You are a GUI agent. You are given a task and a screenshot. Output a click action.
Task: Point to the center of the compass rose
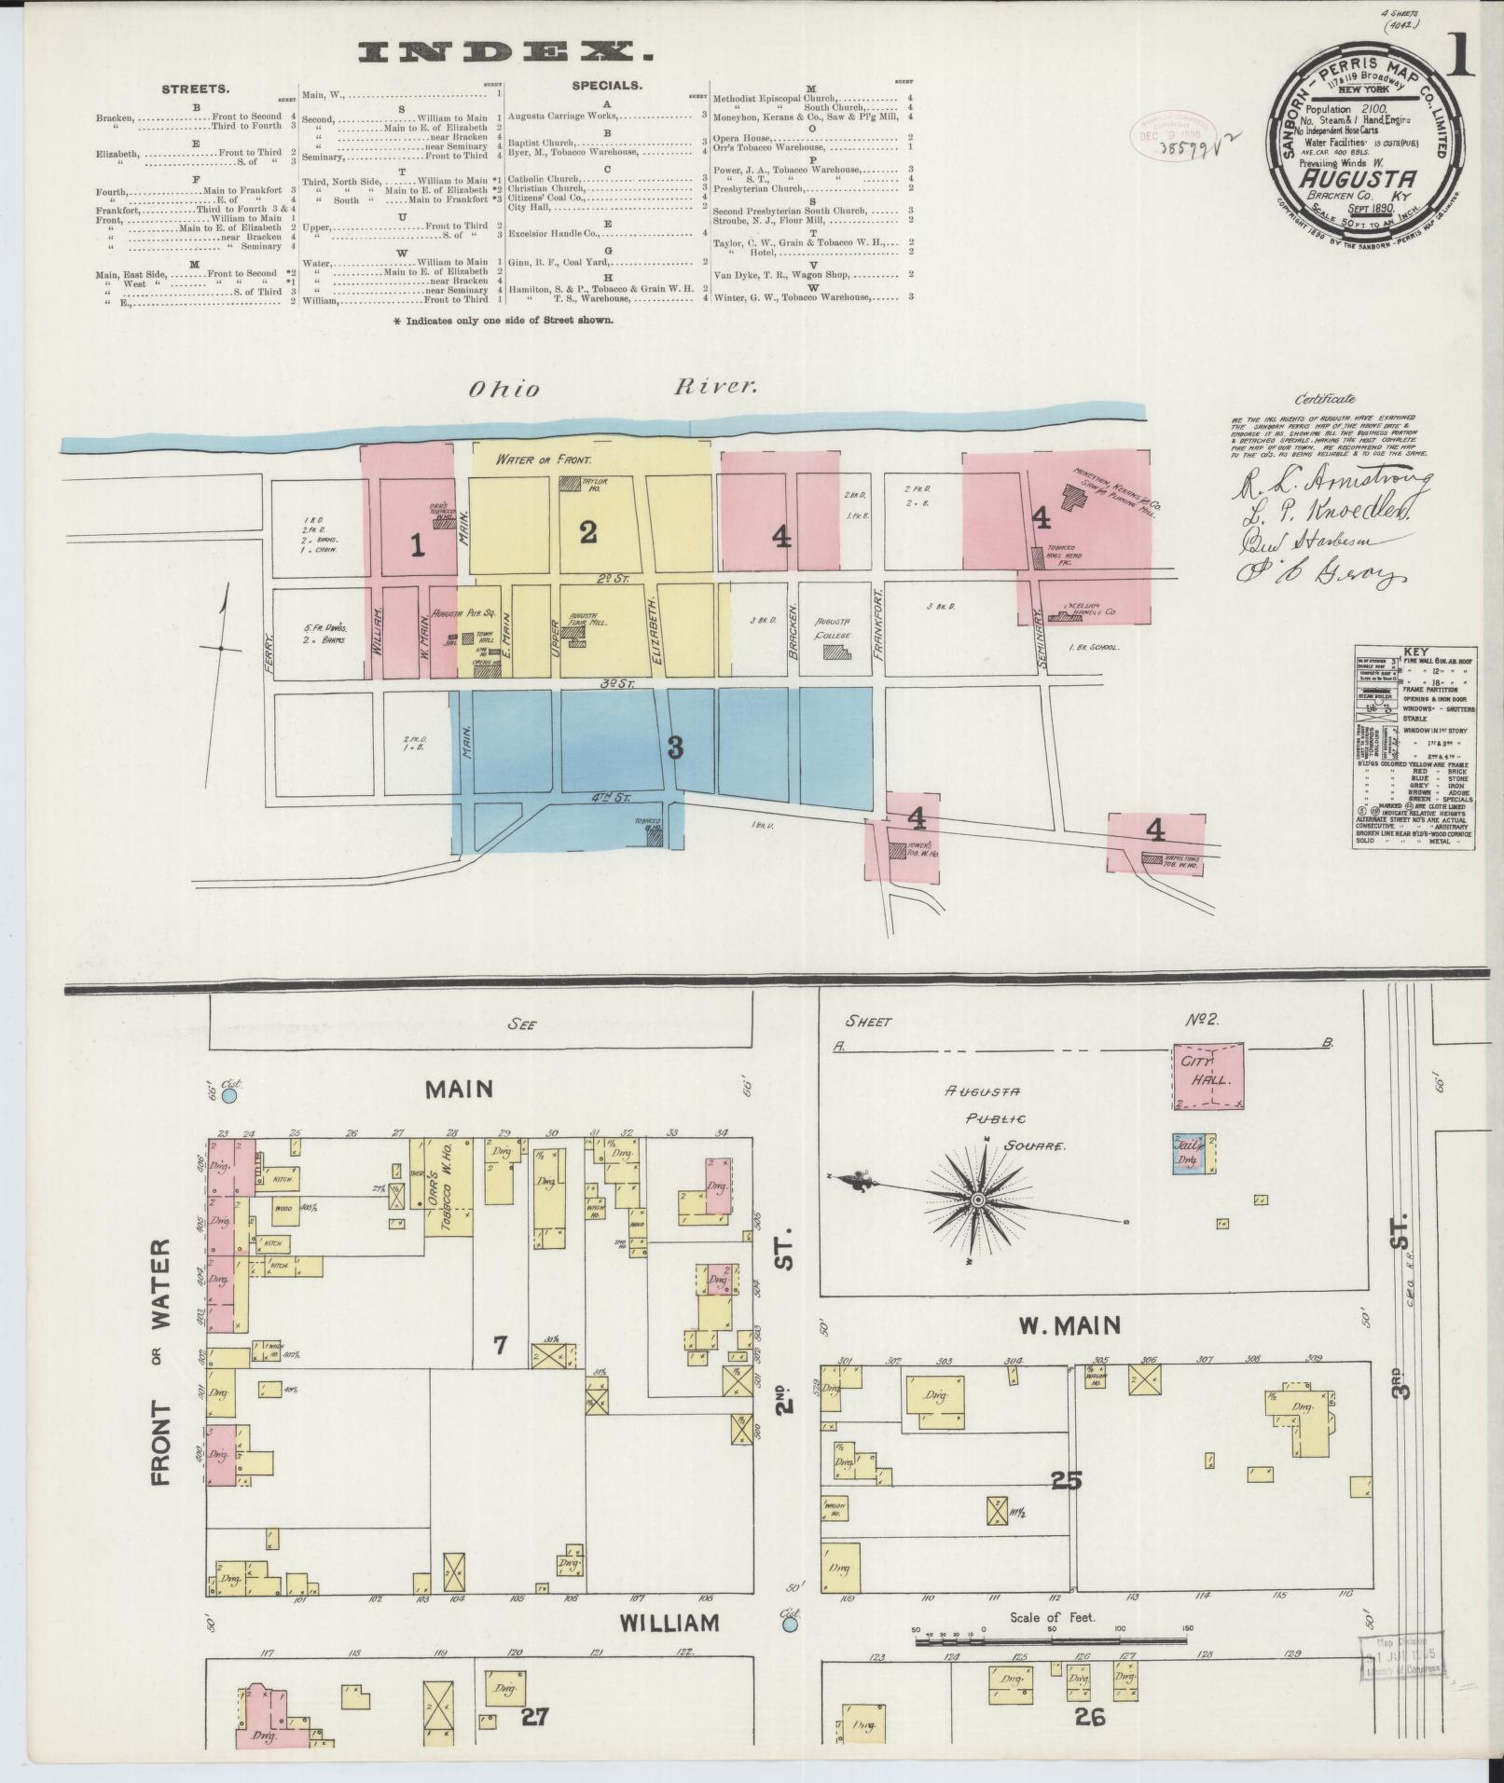point(978,1200)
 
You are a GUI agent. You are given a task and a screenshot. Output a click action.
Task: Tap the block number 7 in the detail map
point(500,1345)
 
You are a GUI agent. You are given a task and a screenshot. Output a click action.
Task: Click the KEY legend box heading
point(1414,652)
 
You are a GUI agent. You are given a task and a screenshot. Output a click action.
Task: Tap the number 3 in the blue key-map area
point(675,747)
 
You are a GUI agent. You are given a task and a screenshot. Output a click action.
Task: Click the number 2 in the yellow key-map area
point(587,532)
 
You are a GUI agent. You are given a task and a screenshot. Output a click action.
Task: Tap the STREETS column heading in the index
point(196,90)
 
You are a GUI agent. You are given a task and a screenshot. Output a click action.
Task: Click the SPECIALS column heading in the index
point(606,85)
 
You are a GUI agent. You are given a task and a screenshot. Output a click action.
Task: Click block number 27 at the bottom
point(534,1716)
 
